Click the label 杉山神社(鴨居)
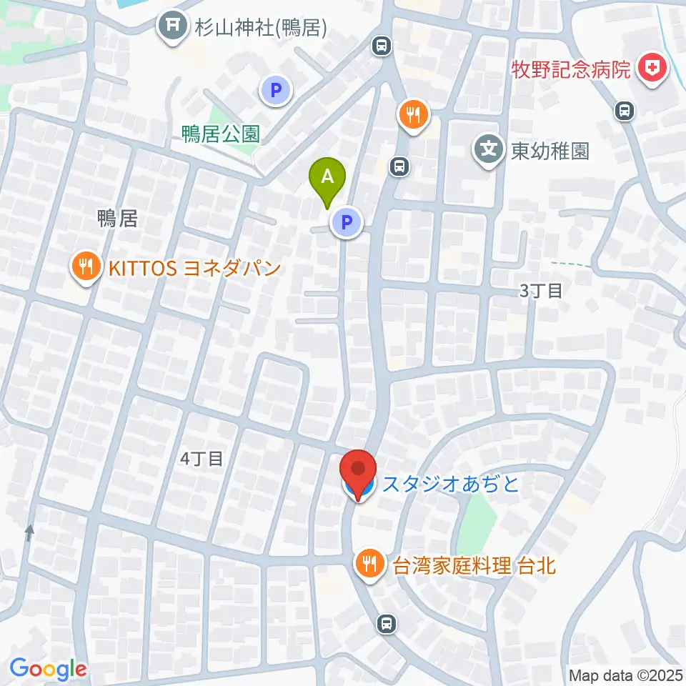[x=262, y=28]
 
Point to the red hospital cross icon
[x=652, y=70]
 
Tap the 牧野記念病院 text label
[x=572, y=70]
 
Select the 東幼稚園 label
[x=550, y=151]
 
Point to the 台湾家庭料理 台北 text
[x=474, y=566]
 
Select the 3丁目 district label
[x=541, y=290]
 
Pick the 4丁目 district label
[x=202, y=459]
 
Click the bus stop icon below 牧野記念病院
[x=625, y=111]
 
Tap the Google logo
[x=49, y=669]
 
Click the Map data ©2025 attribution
[x=625, y=675]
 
